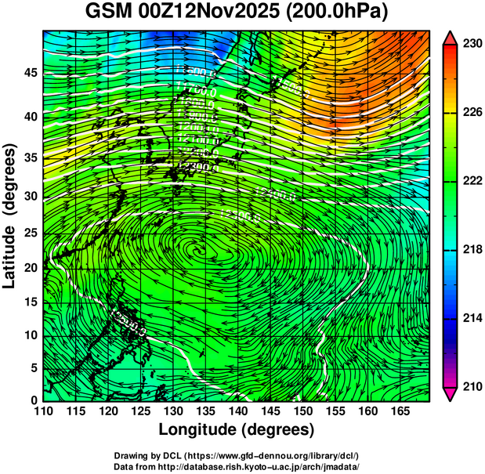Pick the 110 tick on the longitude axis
pos(43,411)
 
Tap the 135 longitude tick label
pos(204,411)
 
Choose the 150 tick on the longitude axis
pos(302,411)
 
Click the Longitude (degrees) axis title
pos(237,430)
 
